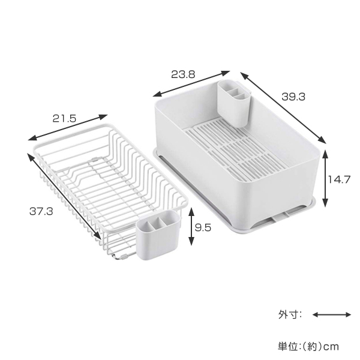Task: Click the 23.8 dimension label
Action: (183, 74)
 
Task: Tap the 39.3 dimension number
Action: (293, 97)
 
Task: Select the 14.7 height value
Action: (339, 179)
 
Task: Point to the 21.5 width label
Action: (64, 118)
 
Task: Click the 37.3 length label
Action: (41, 211)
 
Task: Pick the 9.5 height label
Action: (203, 228)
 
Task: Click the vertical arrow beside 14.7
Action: (325, 178)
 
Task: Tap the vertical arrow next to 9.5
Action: (191, 226)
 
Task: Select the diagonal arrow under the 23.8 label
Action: (191, 83)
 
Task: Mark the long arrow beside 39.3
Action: (283, 107)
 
